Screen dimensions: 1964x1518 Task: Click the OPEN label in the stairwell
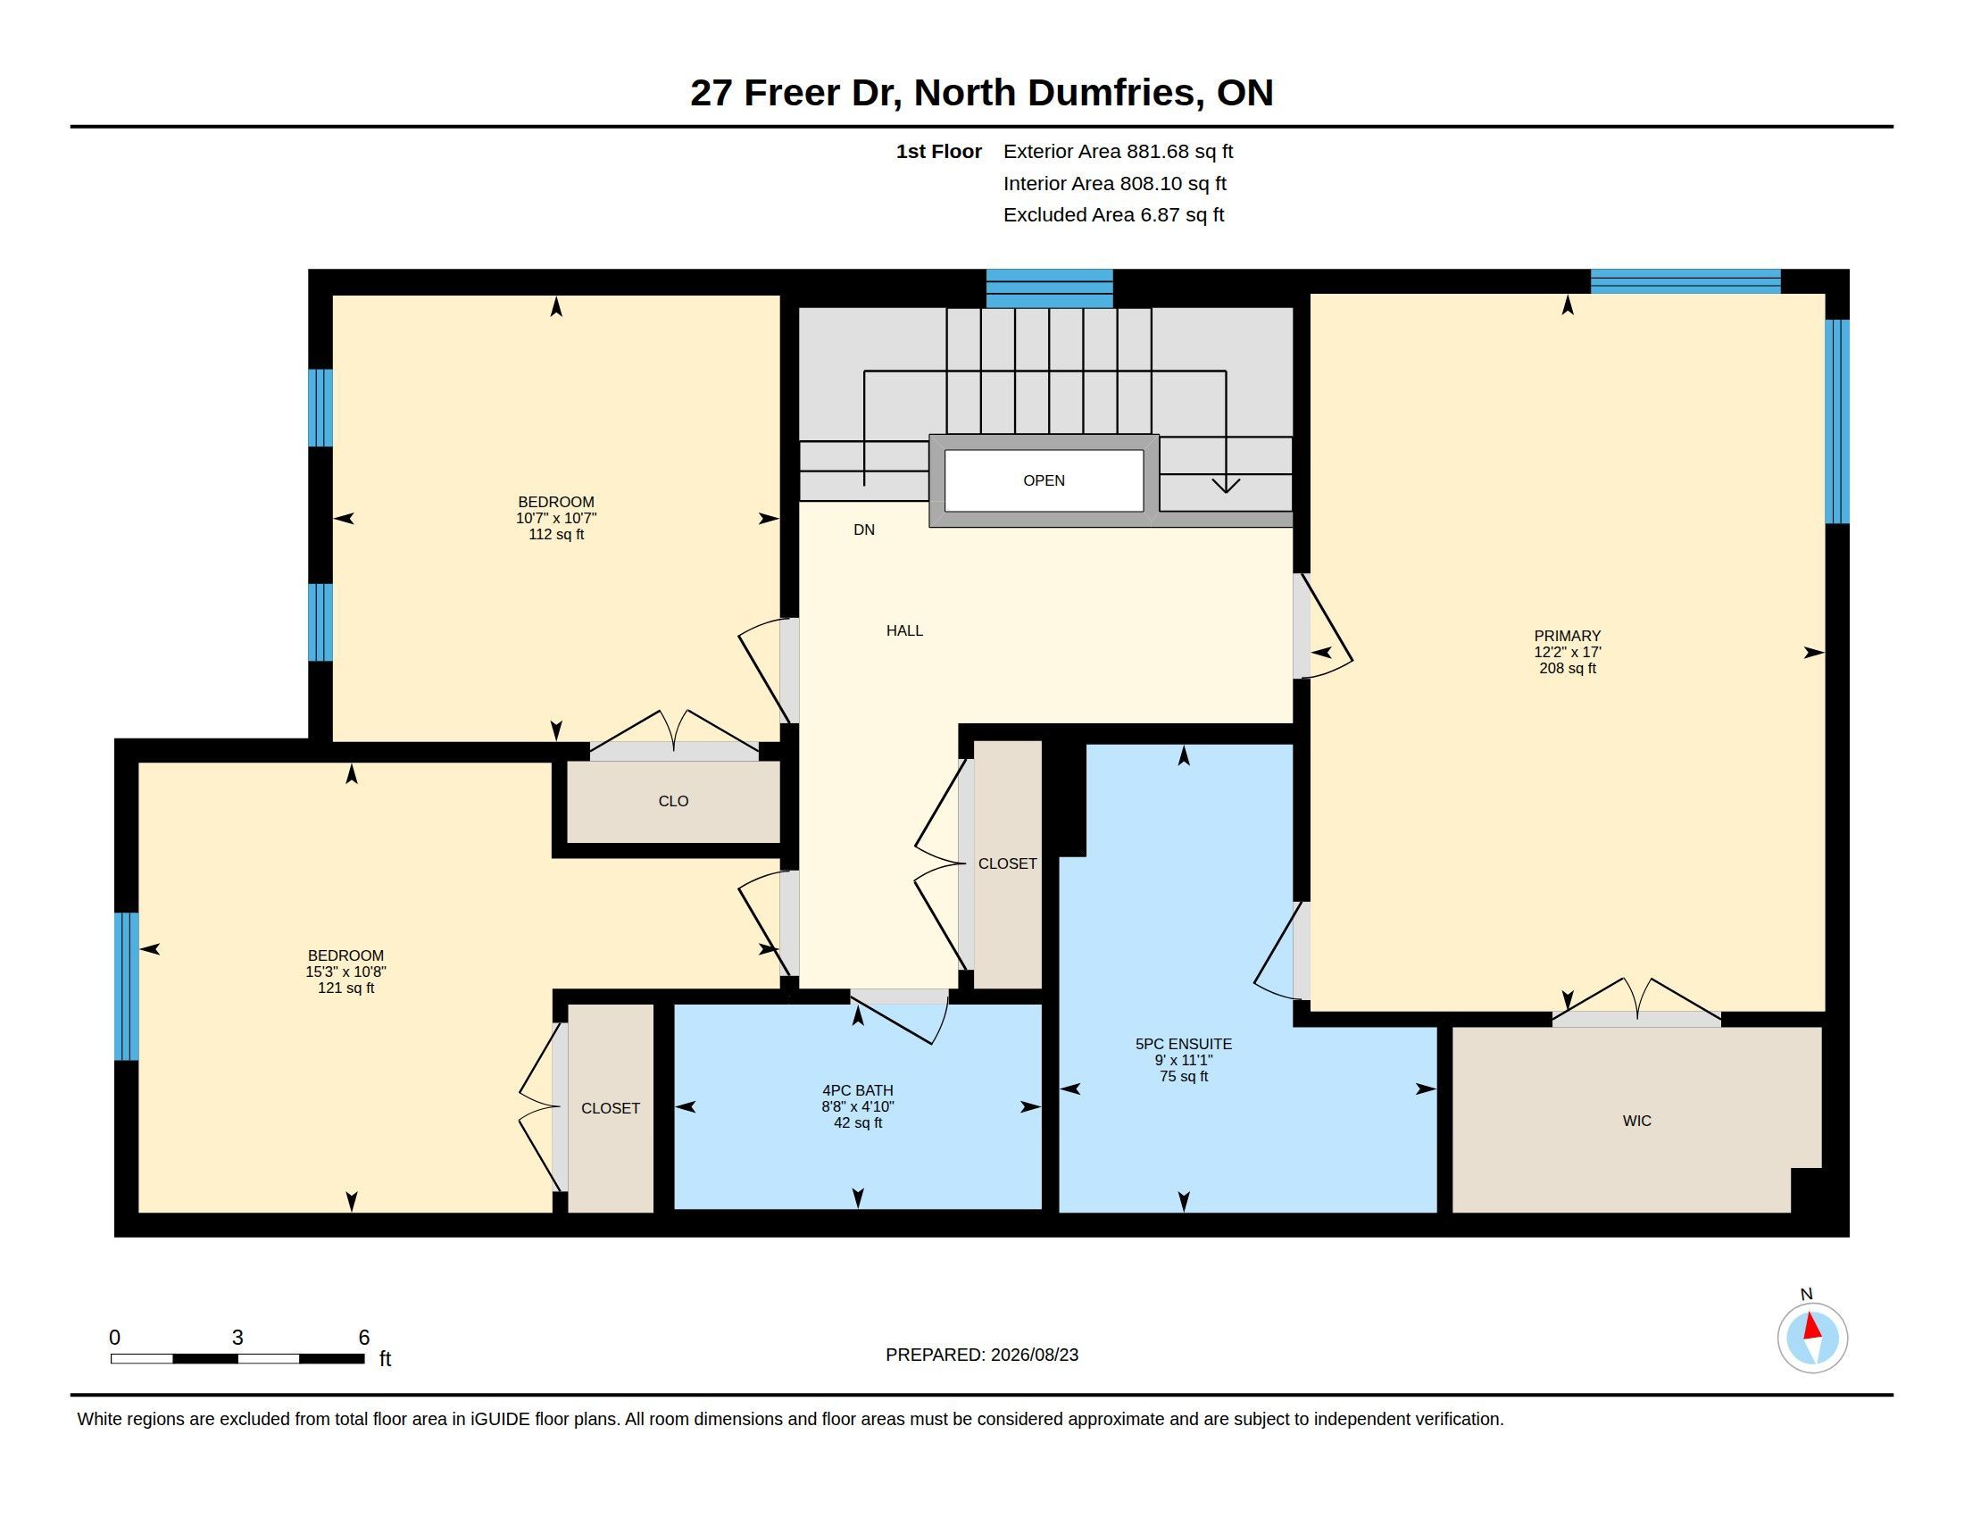pos(1043,480)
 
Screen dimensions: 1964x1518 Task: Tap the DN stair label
pos(863,530)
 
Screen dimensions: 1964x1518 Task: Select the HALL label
pos(903,630)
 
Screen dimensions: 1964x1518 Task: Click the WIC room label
pos(1635,1121)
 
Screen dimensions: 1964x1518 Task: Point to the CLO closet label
pos(672,801)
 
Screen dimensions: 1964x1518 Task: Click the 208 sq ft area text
pos(1568,668)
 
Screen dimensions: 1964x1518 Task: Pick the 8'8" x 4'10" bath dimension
pos(857,1107)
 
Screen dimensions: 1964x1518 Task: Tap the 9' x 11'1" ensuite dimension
pos(1184,1060)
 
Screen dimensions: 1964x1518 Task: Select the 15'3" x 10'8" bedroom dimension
pos(345,972)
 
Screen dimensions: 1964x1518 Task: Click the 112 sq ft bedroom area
pos(556,534)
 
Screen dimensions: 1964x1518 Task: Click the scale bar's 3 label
pos(237,1338)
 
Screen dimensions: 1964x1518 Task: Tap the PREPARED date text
pos(981,1355)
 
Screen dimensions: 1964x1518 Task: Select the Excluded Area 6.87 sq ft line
pos(1113,215)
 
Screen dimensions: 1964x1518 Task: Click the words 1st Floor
pos(938,151)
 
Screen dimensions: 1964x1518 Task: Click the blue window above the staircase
pos(1049,288)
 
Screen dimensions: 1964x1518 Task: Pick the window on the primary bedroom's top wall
pos(1685,281)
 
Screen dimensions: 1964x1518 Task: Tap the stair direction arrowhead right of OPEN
pos(1225,485)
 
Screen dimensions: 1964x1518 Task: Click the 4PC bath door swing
pos(899,1016)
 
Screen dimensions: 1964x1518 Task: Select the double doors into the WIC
pos(1635,1001)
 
